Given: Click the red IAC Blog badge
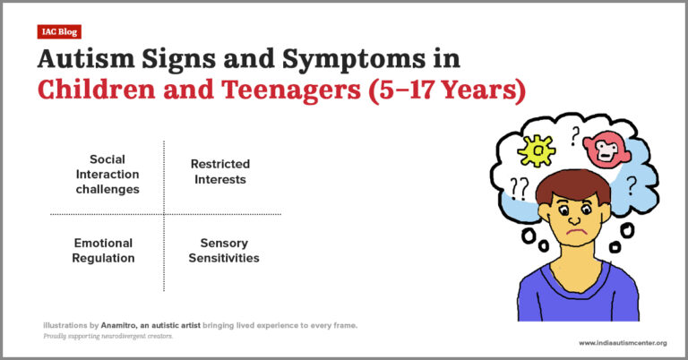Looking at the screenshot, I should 60,32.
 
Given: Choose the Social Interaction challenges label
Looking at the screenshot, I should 107,174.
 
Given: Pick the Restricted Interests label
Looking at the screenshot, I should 219,172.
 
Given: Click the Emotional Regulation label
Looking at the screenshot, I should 103,251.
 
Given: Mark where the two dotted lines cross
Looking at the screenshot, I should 164,214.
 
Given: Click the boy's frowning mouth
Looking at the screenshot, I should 573,236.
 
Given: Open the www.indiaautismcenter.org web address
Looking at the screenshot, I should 623,342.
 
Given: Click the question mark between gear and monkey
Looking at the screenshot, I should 574,136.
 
